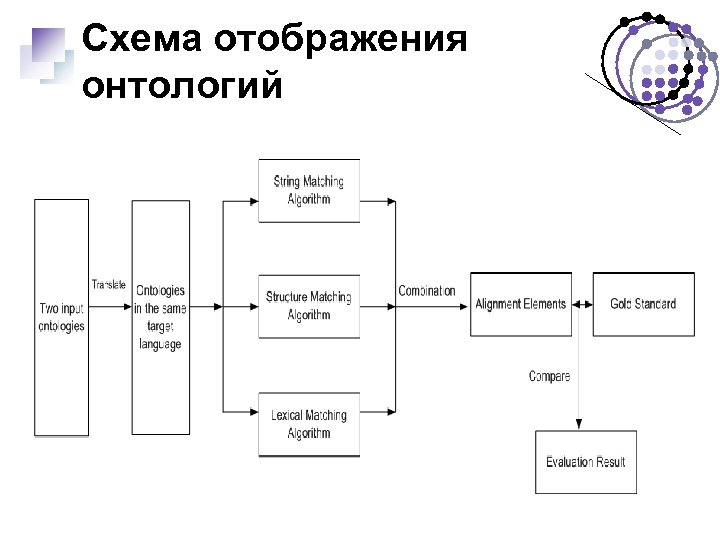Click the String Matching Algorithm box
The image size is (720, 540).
[308, 190]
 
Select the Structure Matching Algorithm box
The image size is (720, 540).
[308, 306]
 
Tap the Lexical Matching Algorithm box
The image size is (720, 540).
[308, 424]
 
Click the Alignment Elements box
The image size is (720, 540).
[520, 304]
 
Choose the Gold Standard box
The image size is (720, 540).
[643, 304]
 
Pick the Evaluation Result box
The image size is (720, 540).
[586, 461]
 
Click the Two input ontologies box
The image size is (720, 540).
[61, 317]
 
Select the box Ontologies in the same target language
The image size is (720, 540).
[160, 317]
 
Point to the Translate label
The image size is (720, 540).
[109, 285]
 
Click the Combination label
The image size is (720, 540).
[427, 291]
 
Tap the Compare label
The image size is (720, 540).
[550, 376]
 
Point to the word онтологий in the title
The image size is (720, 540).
[183, 86]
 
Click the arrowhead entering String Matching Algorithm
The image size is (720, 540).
[252, 201]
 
